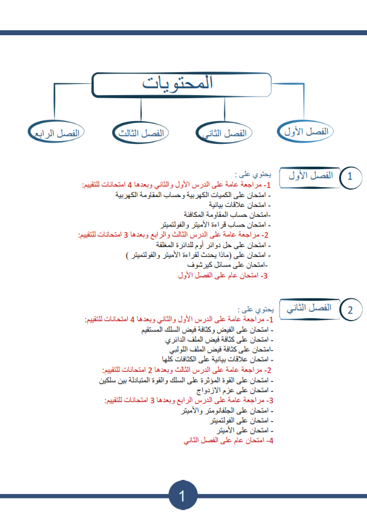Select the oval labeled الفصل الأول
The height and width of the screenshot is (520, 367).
click(x=305, y=132)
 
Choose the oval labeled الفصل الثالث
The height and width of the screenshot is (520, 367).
click(x=141, y=133)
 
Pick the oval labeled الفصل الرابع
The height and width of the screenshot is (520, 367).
click(x=58, y=133)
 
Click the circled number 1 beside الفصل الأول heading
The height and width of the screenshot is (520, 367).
click(x=350, y=177)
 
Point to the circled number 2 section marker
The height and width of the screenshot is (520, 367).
click(x=350, y=310)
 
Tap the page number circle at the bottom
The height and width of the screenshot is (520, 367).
click(x=183, y=496)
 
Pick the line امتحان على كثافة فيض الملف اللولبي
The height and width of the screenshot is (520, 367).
click(x=217, y=350)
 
